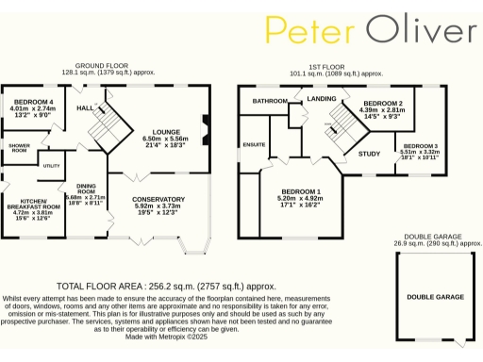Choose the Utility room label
[51, 166]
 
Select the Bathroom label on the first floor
[269, 100]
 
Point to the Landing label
[322, 98]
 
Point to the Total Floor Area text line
[166, 284]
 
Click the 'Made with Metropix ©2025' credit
[166, 337]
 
